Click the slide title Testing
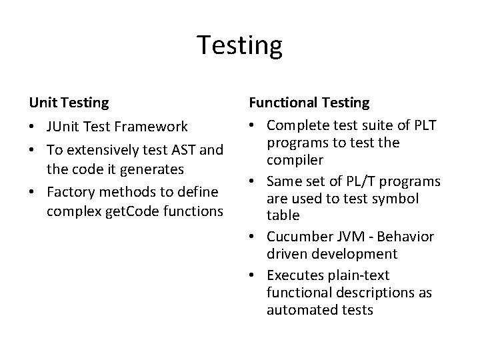point(240,45)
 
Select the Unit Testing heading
point(69,103)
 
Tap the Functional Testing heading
point(309,103)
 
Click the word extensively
point(104,150)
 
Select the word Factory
point(72,193)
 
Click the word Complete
point(299,125)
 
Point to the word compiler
point(295,161)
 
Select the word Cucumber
point(299,237)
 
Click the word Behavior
point(408,237)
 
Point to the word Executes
point(295,275)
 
